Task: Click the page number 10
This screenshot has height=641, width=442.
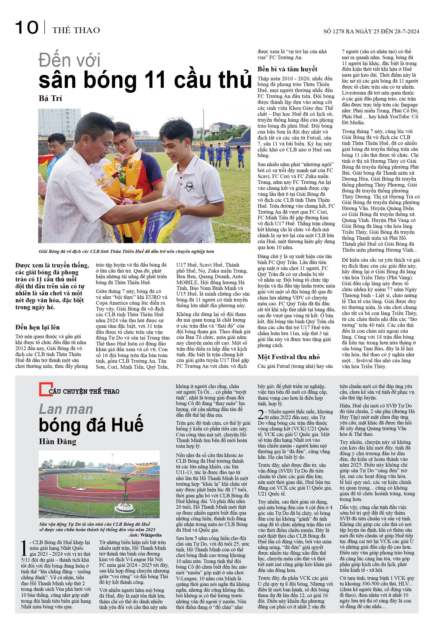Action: click(x=27, y=28)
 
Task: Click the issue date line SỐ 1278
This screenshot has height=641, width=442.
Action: click(x=371, y=31)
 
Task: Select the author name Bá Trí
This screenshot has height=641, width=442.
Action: click(x=50, y=98)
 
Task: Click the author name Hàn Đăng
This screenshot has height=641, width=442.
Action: click(x=57, y=441)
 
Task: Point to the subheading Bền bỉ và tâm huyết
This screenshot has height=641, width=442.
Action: click(x=287, y=69)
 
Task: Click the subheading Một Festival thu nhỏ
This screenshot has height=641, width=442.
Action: click(x=288, y=357)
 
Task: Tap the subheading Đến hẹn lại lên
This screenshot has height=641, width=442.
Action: click(x=37, y=327)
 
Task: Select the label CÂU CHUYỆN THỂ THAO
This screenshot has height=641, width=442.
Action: click(x=84, y=391)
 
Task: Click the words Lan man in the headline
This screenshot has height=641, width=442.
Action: click(x=66, y=409)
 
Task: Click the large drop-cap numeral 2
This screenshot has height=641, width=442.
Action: click(x=261, y=415)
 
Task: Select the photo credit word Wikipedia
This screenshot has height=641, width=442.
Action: click(x=151, y=535)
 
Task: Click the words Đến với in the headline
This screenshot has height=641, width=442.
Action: click(x=69, y=60)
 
